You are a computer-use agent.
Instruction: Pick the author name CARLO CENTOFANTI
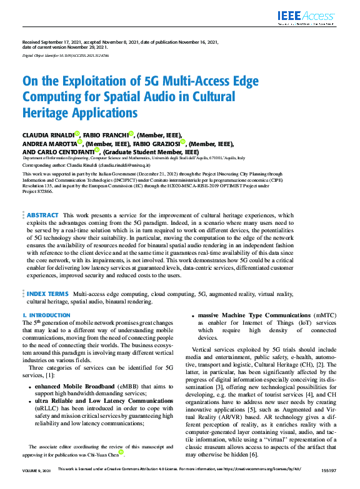click(66, 151)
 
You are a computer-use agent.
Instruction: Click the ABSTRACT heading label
click(42, 215)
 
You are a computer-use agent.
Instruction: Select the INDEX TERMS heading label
click(48, 293)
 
